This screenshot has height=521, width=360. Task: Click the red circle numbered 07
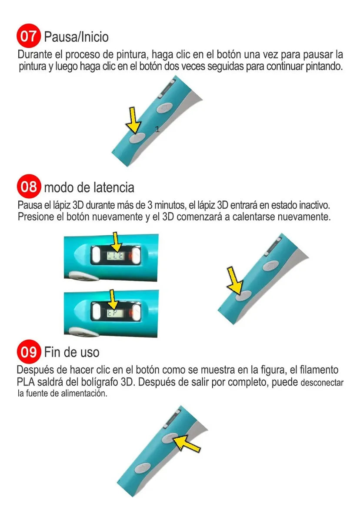pyautogui.click(x=29, y=36)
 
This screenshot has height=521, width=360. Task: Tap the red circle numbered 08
pyautogui.click(x=29, y=187)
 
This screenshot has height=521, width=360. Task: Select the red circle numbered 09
pyautogui.click(x=29, y=351)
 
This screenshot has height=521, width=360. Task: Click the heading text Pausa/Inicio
pyautogui.click(x=76, y=37)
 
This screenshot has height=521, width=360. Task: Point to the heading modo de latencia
pyautogui.click(x=89, y=187)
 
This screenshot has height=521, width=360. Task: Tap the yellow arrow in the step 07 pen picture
pyautogui.click(x=133, y=120)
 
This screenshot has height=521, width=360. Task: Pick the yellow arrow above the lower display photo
pyautogui.click(x=113, y=299)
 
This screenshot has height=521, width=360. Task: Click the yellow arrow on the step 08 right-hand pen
pyautogui.click(x=235, y=281)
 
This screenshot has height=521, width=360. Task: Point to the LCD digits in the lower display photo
pyautogui.click(x=112, y=312)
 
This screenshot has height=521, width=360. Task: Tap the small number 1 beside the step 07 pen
pyautogui.click(x=157, y=129)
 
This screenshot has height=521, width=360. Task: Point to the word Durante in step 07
pyautogui.click(x=33, y=55)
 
